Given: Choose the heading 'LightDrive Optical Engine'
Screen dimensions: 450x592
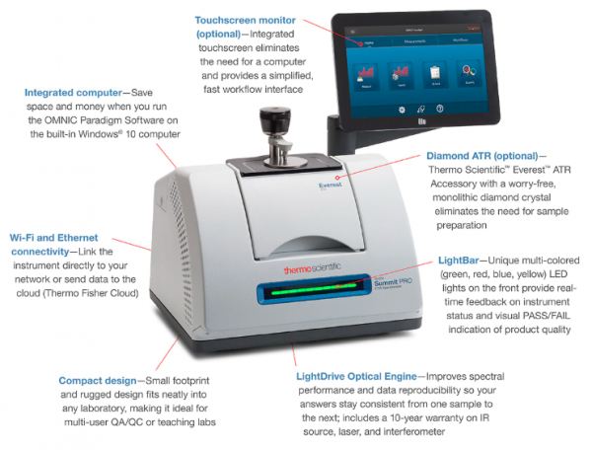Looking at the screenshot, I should point(359,376).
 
